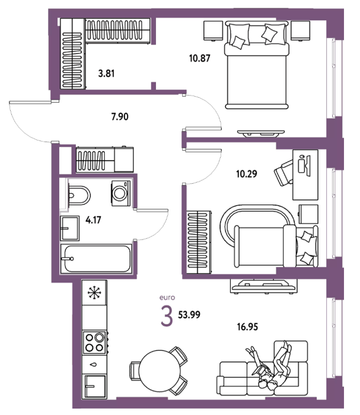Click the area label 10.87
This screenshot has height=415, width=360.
pyautogui.click(x=200, y=58)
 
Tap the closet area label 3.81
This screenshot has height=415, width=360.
pyautogui.click(x=106, y=74)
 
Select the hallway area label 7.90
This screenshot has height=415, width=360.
pyautogui.click(x=120, y=116)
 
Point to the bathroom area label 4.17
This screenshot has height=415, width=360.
pyautogui.click(x=93, y=220)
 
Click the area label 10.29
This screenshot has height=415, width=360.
pyautogui.click(x=247, y=174)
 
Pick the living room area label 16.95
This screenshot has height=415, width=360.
pyautogui.click(x=247, y=327)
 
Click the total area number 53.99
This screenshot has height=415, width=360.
pyautogui.click(x=189, y=315)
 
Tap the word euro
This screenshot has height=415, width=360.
pyautogui.click(x=167, y=298)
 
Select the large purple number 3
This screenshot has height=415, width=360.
pyautogui.click(x=167, y=316)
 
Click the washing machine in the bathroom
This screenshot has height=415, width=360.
pyautogui.click(x=121, y=193)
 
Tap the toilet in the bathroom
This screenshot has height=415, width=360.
pyautogui.click(x=79, y=196)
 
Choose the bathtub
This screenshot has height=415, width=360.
pyautogui.click(x=96, y=258)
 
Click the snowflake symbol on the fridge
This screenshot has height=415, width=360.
pyautogui.click(x=94, y=293)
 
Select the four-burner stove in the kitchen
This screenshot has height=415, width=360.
pyautogui.click(x=94, y=342)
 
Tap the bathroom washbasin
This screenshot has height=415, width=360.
pyautogui.click(x=70, y=228)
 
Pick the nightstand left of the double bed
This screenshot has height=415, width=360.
pyautogui.click(x=213, y=31)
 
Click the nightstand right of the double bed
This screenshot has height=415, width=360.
pyautogui.click(x=301, y=31)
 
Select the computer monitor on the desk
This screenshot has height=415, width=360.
pyautogui.click(x=308, y=165)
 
